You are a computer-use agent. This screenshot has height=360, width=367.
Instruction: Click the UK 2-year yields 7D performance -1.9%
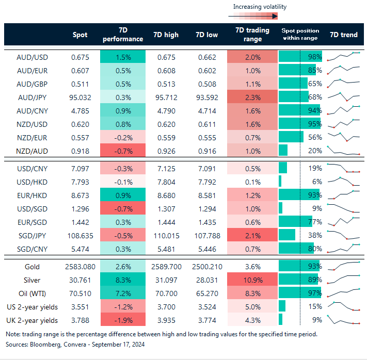[x=123, y=320]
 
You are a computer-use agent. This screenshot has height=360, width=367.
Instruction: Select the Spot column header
[x=82, y=35]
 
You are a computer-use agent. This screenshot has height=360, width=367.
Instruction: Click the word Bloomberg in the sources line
[x=46, y=344]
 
